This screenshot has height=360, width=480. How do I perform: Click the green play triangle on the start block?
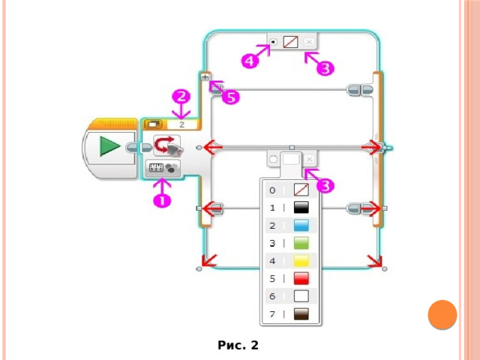click(109, 146)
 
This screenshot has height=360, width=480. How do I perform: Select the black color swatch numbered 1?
click(301, 208)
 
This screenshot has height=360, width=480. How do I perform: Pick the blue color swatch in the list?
click(301, 225)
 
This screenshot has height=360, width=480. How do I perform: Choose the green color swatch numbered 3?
click(301, 243)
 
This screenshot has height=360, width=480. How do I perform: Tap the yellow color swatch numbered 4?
click(301, 261)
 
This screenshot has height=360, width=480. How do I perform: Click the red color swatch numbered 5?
click(301, 278)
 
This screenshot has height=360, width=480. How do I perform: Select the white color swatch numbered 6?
click(301, 296)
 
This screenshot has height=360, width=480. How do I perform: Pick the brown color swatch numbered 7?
click(301, 313)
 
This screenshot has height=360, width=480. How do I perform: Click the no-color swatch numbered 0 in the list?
click(301, 190)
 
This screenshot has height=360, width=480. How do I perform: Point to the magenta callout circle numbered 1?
click(162, 201)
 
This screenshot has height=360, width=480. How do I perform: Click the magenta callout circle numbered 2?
click(181, 97)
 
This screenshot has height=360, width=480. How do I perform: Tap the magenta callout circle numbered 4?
click(250, 61)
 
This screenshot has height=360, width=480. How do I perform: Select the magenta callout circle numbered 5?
click(231, 97)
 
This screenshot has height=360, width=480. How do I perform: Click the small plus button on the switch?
click(205, 76)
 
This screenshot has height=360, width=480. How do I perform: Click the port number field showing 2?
click(181, 124)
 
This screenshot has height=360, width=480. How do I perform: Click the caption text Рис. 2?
click(238, 345)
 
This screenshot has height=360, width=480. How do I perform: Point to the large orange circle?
click(442, 315)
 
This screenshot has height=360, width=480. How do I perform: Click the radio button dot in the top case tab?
click(273, 42)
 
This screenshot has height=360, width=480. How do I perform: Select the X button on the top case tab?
click(309, 42)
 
